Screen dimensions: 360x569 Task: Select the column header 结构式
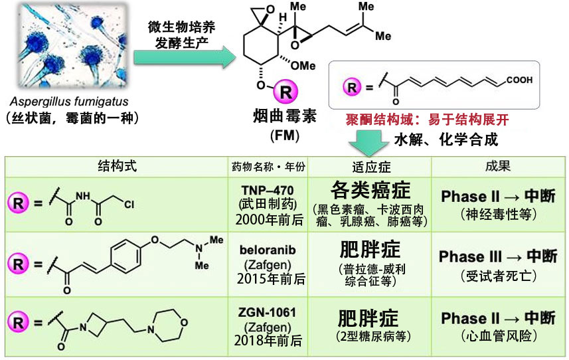pyautogui.click(x=118, y=166)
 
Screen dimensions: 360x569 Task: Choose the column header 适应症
pyautogui.click(x=369, y=166)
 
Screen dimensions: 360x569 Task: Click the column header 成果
pyautogui.click(x=498, y=166)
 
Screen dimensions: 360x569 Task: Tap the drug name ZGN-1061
pyautogui.click(x=269, y=313)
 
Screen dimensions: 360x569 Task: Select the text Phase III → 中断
pyautogui.click(x=498, y=256)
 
